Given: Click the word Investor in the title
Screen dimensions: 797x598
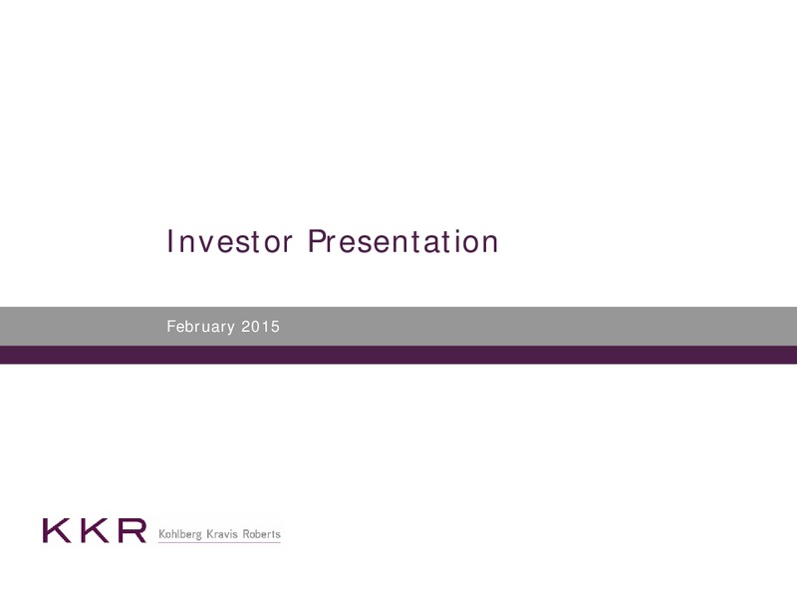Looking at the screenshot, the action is [x=230, y=241].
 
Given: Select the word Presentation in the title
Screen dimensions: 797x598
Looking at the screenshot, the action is [x=403, y=241].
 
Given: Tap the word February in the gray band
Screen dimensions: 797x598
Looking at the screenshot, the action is [x=201, y=327].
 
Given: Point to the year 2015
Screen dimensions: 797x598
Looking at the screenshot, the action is [x=260, y=327].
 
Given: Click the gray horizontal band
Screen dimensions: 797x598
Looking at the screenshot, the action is [x=398, y=327].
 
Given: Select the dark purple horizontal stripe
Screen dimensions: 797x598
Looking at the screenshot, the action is [x=398, y=355].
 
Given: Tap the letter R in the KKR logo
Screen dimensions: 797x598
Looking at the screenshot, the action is [x=132, y=530].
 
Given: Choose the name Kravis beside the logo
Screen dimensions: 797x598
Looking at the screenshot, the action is [x=222, y=534].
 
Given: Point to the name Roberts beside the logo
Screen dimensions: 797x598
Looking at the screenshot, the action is [x=261, y=534].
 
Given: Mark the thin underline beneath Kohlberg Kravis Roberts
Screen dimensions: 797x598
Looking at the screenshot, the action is [x=219, y=542].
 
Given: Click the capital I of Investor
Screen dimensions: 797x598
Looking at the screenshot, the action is [x=169, y=241].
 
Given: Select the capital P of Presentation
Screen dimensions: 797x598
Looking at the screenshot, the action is [x=316, y=241].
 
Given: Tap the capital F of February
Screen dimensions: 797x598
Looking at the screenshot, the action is [x=170, y=327].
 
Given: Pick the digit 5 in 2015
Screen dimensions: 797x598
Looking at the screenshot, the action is [x=275, y=327].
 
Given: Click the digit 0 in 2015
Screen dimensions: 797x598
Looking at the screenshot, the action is [x=255, y=327].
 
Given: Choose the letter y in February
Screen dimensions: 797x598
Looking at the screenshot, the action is [x=231, y=329].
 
